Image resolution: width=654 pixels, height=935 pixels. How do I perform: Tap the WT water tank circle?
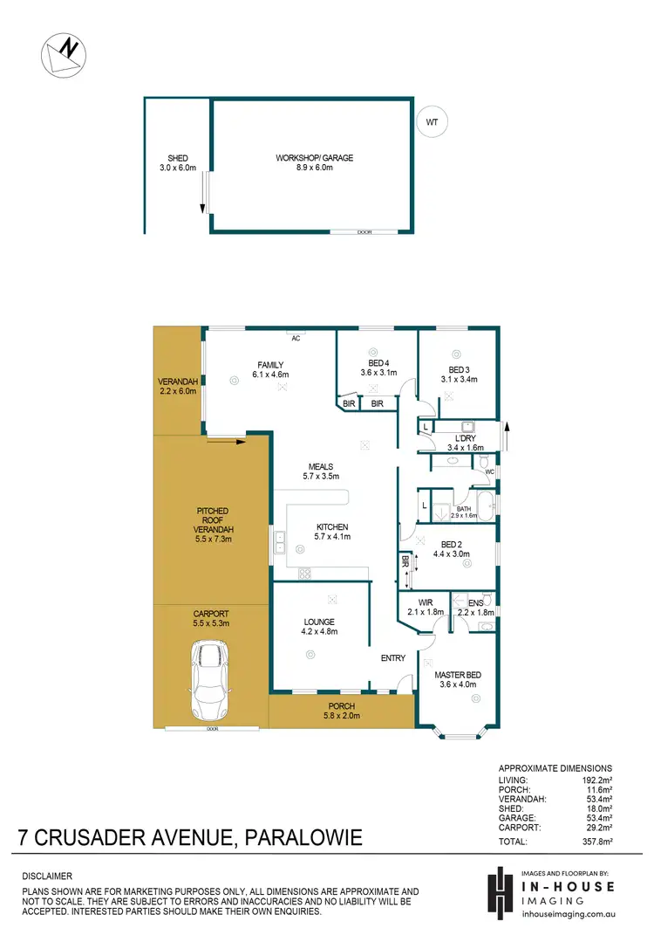point(432,122)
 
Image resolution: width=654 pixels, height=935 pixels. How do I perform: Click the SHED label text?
point(177,158)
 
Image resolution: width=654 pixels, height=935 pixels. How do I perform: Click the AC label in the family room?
point(296,338)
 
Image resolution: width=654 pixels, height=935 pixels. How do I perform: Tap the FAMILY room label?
point(270,365)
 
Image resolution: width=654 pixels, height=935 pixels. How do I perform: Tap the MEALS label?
point(319,467)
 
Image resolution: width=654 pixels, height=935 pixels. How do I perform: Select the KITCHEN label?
point(332,527)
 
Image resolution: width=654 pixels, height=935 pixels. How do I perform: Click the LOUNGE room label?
point(319,621)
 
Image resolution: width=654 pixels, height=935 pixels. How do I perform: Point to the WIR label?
point(426,602)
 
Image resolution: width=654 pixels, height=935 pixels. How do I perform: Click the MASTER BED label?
point(457,674)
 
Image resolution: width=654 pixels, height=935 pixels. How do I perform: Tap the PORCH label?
point(341,706)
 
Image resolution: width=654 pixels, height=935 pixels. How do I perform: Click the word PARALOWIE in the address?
point(301,840)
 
